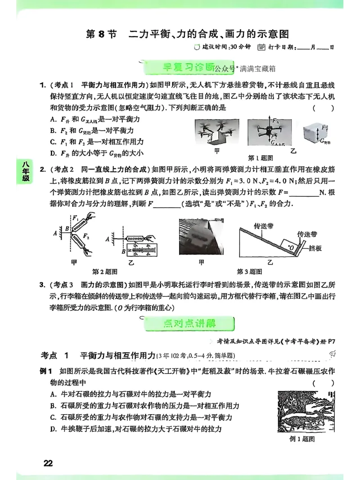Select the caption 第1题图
[261, 158]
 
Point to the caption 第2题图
[104, 272]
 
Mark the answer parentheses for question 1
[324, 108]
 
